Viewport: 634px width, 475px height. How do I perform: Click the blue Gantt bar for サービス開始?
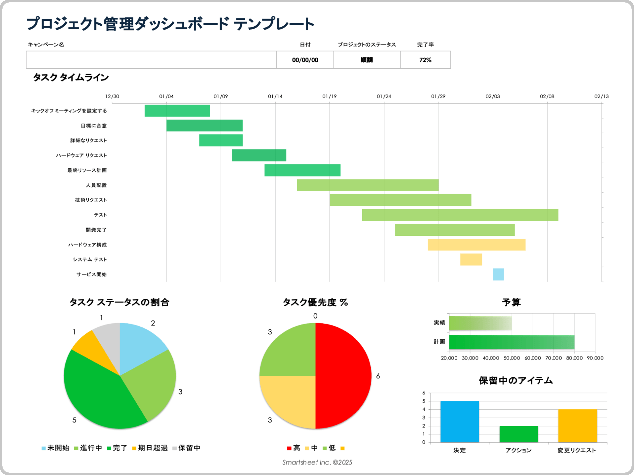point(498,274)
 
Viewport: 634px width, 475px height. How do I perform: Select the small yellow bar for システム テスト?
point(471,260)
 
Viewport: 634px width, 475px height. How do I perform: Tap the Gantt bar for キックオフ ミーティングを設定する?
point(177,111)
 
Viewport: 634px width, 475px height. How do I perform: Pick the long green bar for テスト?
point(460,215)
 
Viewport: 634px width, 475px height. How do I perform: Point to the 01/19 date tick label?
point(329,96)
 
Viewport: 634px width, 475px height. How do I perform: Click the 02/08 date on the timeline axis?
point(547,96)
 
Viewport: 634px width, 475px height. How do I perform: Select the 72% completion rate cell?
point(425,60)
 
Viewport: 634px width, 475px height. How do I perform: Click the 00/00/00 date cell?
point(305,60)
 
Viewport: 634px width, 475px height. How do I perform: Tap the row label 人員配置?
point(96,185)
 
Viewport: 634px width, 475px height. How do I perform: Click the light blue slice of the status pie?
point(139,346)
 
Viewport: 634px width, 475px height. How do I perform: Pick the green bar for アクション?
point(518,434)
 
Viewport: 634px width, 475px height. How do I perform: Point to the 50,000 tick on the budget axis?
point(511,358)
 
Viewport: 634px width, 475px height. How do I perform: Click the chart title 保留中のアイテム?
point(515,381)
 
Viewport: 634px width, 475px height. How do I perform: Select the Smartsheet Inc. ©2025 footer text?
point(317,462)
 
